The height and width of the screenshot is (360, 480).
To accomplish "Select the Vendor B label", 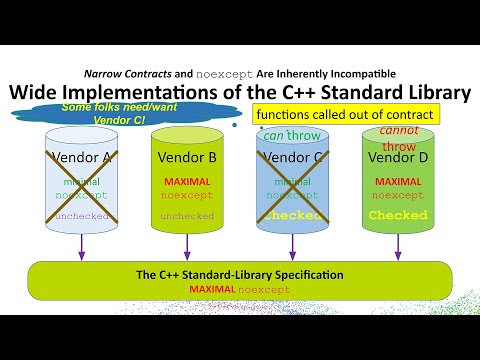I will (x=187, y=157).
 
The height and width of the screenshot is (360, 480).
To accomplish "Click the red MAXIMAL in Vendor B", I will (x=187, y=182).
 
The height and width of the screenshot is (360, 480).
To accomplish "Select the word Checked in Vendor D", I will (x=398, y=215).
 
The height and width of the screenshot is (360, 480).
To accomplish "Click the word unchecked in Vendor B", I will (x=187, y=215).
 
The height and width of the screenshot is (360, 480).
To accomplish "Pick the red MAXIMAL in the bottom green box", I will (x=209, y=289).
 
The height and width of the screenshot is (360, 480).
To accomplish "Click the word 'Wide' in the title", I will (x=35, y=93).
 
